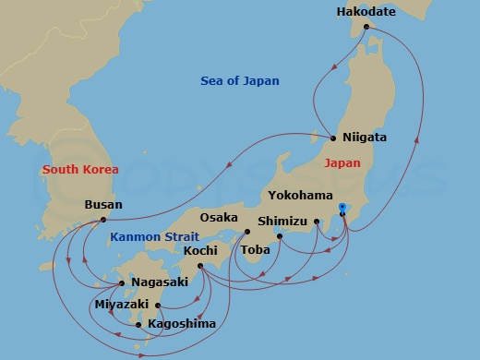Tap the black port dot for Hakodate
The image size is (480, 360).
366,27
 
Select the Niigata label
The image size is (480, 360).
364,138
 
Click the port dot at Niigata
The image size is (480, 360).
333,138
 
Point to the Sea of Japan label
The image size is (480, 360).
240,81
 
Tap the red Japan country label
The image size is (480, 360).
342,163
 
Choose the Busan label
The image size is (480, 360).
102,205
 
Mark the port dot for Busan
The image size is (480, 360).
102,220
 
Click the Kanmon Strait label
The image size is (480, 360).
150,237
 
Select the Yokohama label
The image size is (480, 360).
301,196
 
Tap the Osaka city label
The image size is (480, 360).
219,218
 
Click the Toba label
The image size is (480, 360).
255,249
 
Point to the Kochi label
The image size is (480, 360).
200,250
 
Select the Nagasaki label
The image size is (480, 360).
160,282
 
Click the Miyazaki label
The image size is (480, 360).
122,303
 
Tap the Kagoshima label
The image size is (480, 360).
182,323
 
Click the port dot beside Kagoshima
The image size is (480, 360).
139,324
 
